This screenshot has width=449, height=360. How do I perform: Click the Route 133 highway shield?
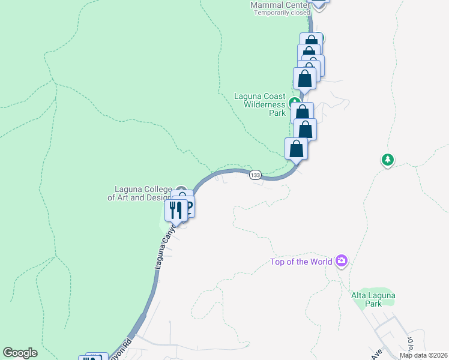pos(255,175)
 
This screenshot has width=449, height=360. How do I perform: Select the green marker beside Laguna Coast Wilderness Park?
pos(294,101)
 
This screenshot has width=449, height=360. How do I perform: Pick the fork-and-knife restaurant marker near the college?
pos(175,209)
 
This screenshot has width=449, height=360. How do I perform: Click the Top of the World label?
pos(301,262)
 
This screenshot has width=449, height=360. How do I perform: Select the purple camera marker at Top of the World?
pos(342,260)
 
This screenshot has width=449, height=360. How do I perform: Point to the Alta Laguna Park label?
pos(373,299)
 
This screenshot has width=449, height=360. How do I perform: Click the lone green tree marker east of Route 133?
pos(387,160)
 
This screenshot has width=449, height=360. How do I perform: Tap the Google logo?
pos(20,353)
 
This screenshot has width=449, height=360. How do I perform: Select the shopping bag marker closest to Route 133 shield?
pos(296,148)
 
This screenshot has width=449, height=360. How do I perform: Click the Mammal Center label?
pos(280,5)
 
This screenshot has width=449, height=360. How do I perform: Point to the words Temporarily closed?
pos(282,13)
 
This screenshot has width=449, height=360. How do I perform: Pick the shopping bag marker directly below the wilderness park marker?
pos(303,112)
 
